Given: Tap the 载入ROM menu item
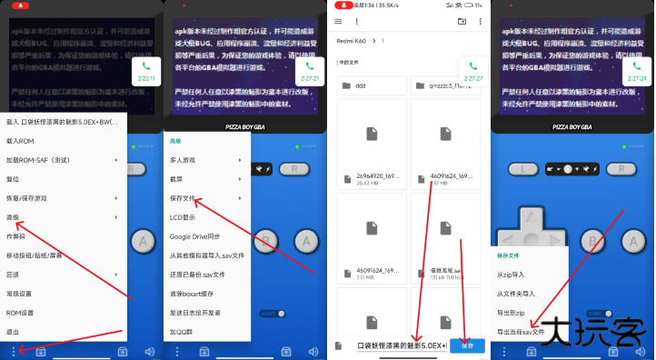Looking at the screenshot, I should [x=20, y=140].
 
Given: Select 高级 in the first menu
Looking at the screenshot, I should [x=14, y=216].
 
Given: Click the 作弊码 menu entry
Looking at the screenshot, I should [x=16, y=235].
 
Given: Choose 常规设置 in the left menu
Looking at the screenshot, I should [x=20, y=294].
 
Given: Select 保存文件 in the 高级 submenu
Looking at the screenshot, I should [x=183, y=198].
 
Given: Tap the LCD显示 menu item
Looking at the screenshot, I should [x=183, y=217].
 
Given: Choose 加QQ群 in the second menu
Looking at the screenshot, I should [x=182, y=332].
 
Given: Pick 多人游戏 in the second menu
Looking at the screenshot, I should [x=183, y=160].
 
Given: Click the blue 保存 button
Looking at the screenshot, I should [x=467, y=345].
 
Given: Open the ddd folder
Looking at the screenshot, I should [x=361, y=85].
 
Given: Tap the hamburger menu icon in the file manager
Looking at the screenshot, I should [x=339, y=21].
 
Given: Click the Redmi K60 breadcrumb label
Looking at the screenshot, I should [x=352, y=41].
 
